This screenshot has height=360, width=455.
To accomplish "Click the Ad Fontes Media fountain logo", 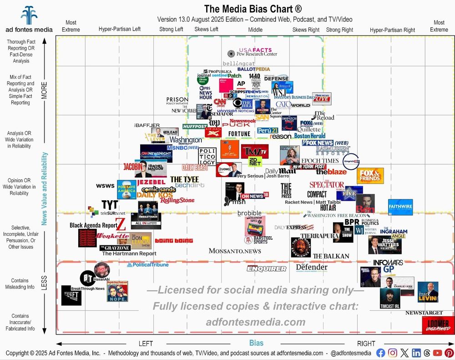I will (x=29, y=15).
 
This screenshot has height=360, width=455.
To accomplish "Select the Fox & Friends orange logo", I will (x=370, y=176).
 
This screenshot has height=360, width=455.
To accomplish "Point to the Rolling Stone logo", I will (x=177, y=200).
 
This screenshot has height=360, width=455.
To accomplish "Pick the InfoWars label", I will (x=388, y=263).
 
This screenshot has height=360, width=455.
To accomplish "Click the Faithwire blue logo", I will (x=401, y=207).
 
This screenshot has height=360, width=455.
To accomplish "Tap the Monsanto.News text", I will (x=235, y=251).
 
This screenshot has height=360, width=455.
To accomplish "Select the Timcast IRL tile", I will (x=390, y=299).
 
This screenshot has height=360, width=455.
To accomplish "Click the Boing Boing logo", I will (x=174, y=241).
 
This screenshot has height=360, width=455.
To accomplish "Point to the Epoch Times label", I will (x=320, y=161).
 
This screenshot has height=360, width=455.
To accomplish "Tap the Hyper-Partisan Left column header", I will (x=120, y=30).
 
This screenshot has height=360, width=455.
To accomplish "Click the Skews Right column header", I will (x=305, y=30).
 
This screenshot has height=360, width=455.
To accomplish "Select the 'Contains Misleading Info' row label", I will (x=20, y=284).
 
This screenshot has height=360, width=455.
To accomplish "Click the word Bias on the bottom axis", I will (x=256, y=343).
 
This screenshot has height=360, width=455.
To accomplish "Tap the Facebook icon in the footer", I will (x=381, y=353).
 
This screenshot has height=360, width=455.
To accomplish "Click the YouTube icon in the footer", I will (x=438, y=353).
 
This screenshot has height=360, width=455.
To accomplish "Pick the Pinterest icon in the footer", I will (x=449, y=353).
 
